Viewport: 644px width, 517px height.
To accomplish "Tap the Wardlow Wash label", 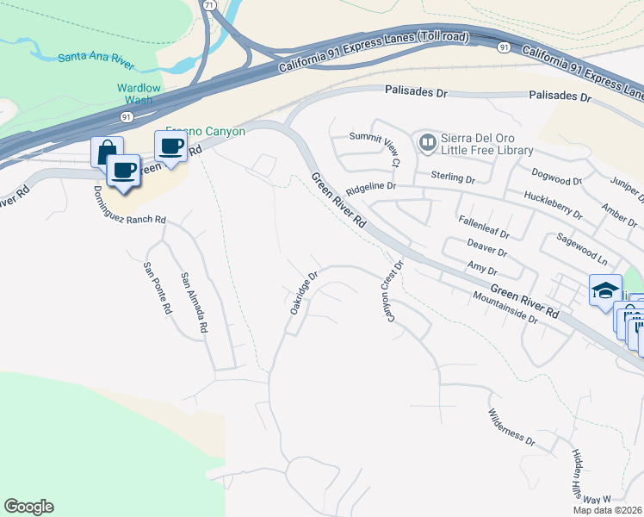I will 134,94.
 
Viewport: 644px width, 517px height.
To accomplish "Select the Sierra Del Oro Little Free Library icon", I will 425,142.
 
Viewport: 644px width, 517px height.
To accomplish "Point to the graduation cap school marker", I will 605,290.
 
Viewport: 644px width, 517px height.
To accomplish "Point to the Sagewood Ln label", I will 582,248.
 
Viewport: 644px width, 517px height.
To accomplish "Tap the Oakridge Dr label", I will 304,294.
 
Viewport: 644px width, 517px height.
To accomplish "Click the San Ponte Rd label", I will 155,290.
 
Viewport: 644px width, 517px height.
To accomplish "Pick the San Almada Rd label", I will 194,303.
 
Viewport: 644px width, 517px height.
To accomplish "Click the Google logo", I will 28,507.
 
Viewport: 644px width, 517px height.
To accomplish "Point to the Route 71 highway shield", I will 211,4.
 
